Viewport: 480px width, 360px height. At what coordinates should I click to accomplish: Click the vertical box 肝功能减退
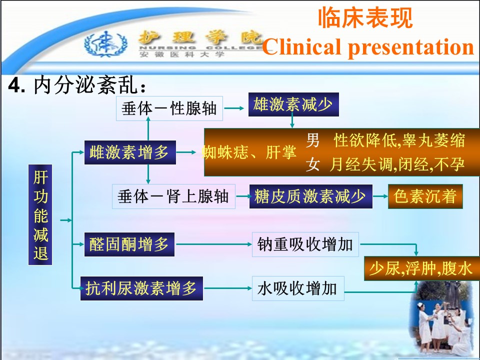pos(40,214)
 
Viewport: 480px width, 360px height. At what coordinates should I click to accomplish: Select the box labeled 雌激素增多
pos(130,152)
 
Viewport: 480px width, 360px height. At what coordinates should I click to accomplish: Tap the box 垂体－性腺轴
pos(169,108)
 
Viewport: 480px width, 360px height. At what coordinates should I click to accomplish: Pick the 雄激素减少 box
pos(293,104)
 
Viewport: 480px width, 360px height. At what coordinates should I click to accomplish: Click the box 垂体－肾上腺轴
pos(173,196)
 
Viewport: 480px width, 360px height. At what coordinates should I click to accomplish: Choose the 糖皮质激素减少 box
pos(310,196)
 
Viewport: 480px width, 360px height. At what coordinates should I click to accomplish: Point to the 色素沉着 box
pos(425,196)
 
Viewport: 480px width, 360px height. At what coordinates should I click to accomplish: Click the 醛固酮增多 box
pos(129,244)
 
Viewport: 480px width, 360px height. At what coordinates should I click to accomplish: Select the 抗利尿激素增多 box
pos(141,288)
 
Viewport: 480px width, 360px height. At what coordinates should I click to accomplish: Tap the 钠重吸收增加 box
pos(305,244)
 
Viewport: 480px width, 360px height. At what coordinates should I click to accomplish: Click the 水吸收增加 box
pos(298,288)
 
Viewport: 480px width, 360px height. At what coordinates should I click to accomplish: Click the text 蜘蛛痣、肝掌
pos(249,152)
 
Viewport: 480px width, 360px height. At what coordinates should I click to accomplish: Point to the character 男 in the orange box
pos(313,140)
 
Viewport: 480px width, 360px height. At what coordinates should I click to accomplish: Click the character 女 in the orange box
pos(313,164)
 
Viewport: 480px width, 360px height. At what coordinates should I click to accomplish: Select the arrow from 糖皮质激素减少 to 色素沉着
pos(380,196)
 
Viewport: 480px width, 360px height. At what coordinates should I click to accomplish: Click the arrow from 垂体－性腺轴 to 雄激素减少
pos(234,108)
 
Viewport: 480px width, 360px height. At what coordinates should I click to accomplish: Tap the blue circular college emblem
pos(106,44)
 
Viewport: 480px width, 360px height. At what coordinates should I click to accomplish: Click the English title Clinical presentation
pos(368,47)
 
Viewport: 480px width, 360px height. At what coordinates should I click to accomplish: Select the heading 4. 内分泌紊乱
pos(77,85)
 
